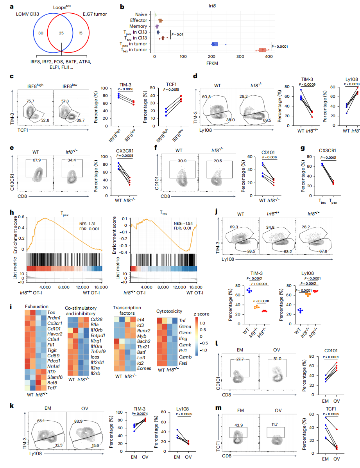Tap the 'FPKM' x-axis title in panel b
(213, 63)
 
